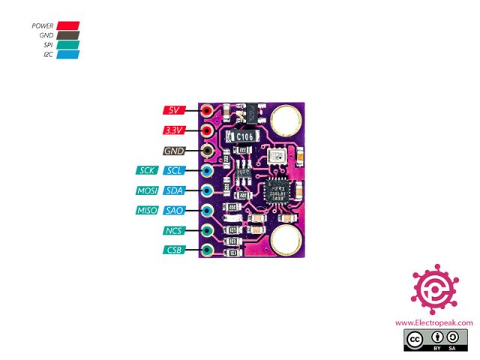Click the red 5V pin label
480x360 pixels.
174,110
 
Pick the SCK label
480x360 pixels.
147,170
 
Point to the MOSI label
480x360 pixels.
147,190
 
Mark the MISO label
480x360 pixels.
147,211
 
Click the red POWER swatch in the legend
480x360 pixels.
67,25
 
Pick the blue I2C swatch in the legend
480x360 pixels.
67,55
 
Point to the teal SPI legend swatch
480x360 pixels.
67,45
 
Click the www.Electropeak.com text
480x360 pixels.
434,323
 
